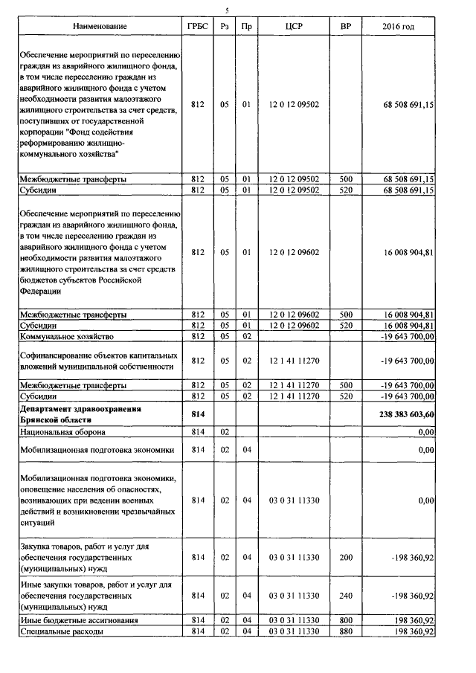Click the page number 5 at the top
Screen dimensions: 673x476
coord(228,9)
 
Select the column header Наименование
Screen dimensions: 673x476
coord(100,27)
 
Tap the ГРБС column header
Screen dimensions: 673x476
coord(197,27)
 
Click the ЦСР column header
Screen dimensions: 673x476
coord(293,27)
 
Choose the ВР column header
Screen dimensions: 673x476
coord(345,27)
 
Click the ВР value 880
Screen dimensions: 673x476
coord(345,631)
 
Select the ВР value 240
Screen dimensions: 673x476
coord(345,595)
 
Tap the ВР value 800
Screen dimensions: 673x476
coord(345,619)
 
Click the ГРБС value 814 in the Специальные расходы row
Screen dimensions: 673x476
coord(197,631)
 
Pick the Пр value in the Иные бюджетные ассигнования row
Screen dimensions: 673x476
coord(246,619)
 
